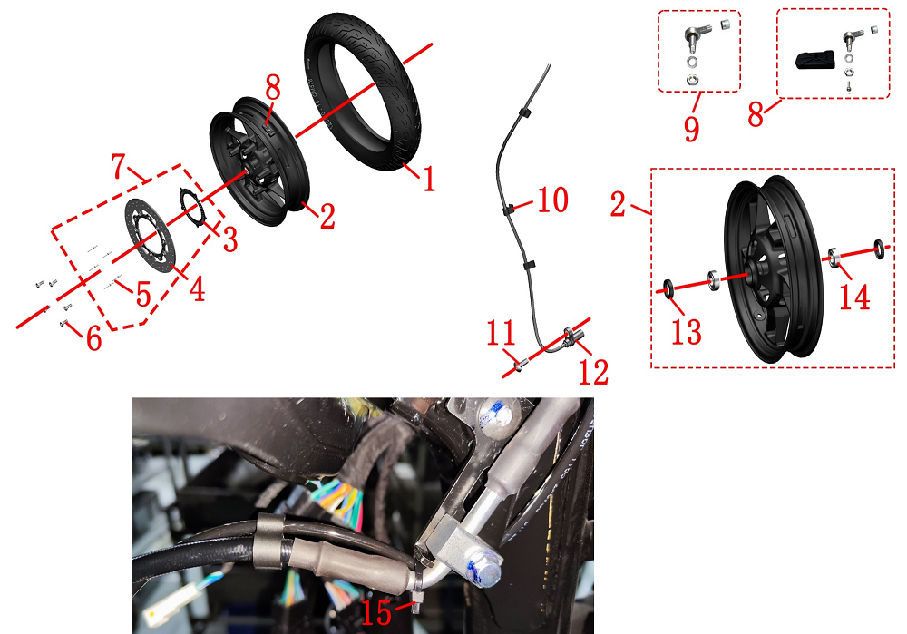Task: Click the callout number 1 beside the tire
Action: [x=428, y=179]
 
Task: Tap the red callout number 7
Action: [x=119, y=167]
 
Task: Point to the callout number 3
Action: [x=230, y=239]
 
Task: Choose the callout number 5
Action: [x=143, y=294]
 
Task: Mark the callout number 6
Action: [x=94, y=337]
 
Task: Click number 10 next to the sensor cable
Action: [x=553, y=200]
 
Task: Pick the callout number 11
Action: [x=501, y=332]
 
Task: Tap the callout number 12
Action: [x=593, y=372]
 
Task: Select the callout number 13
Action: [x=686, y=332]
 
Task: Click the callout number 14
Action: [x=854, y=297]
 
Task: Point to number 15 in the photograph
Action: [x=376, y=612]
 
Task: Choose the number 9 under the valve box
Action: [x=691, y=129]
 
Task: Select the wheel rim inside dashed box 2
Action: [x=774, y=269]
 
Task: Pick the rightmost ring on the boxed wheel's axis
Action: [x=879, y=249]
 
